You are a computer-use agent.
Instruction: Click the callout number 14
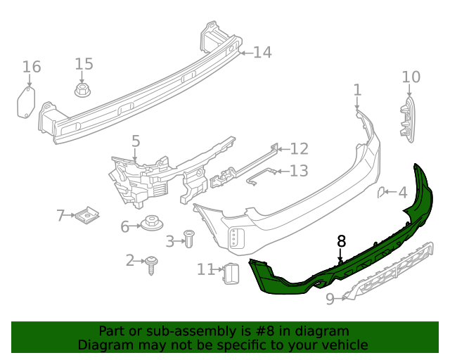pos(262,52)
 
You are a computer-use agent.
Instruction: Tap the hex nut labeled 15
pos(84,90)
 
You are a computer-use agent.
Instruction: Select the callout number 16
pos(31,67)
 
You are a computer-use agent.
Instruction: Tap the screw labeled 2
pos(152,264)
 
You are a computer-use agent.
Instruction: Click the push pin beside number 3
pos(188,238)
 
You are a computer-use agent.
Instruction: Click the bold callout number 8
pos(342,241)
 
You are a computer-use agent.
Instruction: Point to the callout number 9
pos(330,300)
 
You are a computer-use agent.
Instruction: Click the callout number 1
pos(357,89)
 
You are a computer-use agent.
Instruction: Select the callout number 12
pos(299,148)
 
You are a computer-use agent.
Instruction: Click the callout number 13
pos(299,171)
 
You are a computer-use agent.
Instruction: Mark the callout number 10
pos(411,76)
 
